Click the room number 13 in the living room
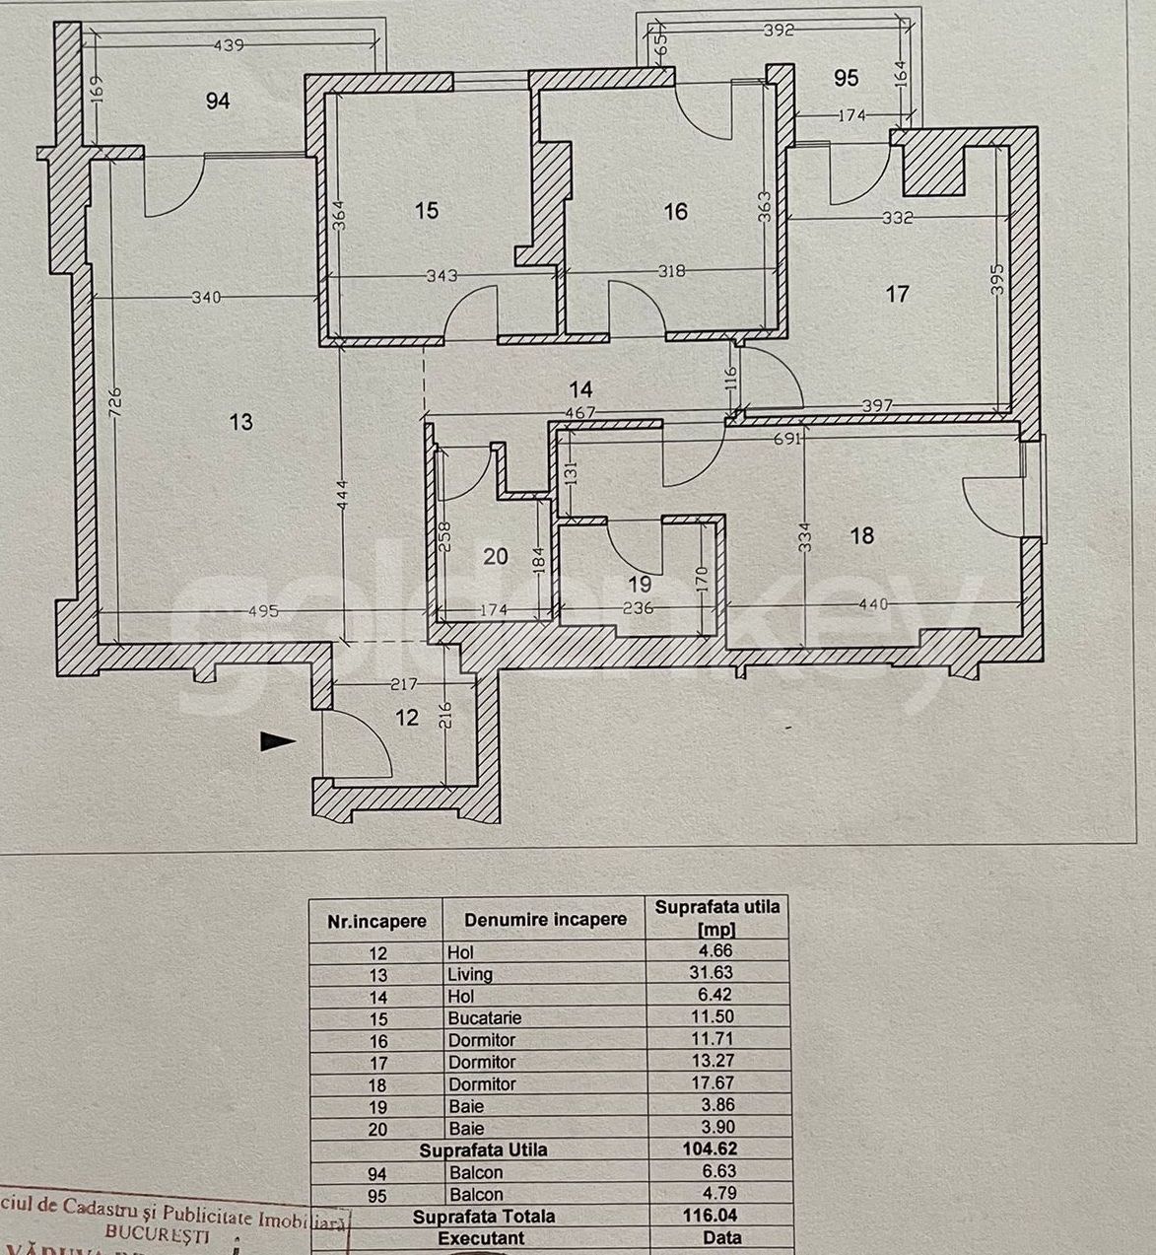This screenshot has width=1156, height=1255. point(241,422)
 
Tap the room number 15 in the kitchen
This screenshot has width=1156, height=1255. point(426,210)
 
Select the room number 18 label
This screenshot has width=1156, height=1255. point(861,535)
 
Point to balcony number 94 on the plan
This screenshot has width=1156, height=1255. point(217,101)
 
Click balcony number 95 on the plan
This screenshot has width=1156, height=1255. point(846,78)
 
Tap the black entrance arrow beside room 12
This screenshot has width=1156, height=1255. point(278,741)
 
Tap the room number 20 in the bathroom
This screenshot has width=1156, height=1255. point(496,557)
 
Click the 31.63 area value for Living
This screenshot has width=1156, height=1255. point(715,973)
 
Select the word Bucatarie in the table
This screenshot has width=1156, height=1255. point(484,1017)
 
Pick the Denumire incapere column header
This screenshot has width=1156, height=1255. point(545,919)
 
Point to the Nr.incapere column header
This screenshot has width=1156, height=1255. point(376,921)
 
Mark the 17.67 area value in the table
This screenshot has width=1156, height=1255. point(715,1083)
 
